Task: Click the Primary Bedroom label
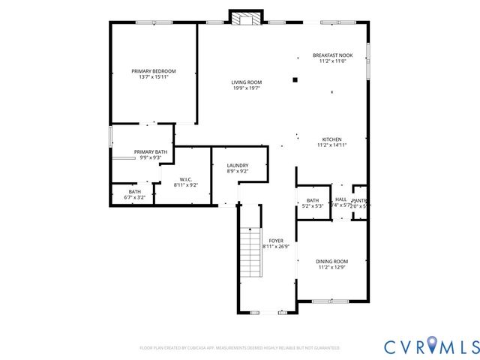tap(153, 70)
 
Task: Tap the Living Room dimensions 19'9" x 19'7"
tap(246, 88)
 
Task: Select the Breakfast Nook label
tap(332, 55)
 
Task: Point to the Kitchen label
tap(332, 139)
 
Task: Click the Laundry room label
tap(237, 165)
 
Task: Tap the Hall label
tap(341, 199)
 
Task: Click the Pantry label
tap(360, 199)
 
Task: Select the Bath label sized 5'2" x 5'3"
tap(313, 200)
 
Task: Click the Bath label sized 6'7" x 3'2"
tap(134, 191)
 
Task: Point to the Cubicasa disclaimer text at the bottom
tap(239, 348)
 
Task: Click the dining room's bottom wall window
tap(331, 301)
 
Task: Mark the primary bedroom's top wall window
tap(154, 22)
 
